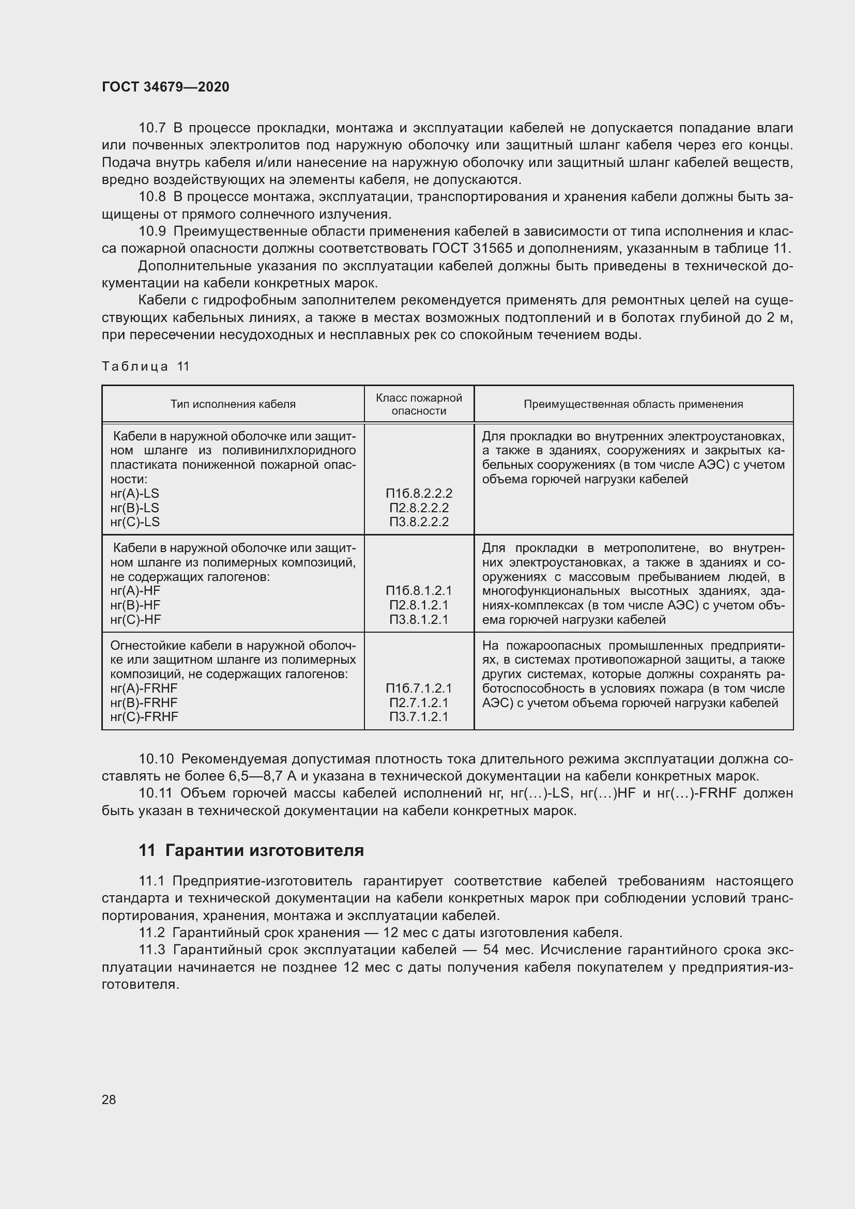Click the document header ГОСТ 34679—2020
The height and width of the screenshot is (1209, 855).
pos(165,87)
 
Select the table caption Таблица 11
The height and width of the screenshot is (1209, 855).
pos(145,366)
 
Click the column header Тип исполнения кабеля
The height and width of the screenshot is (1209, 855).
pos(233,404)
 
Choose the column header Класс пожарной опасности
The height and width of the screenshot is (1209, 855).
pos(419,404)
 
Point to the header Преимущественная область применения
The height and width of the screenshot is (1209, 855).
pos(633,404)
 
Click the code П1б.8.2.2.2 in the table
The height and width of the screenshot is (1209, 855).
pos(419,494)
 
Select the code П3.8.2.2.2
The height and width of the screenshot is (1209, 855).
pos(419,522)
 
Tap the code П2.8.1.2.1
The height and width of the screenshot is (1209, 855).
pos(419,605)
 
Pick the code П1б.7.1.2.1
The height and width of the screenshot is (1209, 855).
pos(419,688)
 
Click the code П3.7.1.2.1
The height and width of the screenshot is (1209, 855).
pos(419,716)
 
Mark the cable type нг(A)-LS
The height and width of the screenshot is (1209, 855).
pos(135,494)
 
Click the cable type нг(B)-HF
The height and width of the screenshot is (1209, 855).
pos(135,605)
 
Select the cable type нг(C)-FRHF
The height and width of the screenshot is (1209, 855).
pos(144,716)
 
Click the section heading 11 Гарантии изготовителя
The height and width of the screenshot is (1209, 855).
pos(251,850)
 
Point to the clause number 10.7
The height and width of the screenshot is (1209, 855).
pos(152,128)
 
